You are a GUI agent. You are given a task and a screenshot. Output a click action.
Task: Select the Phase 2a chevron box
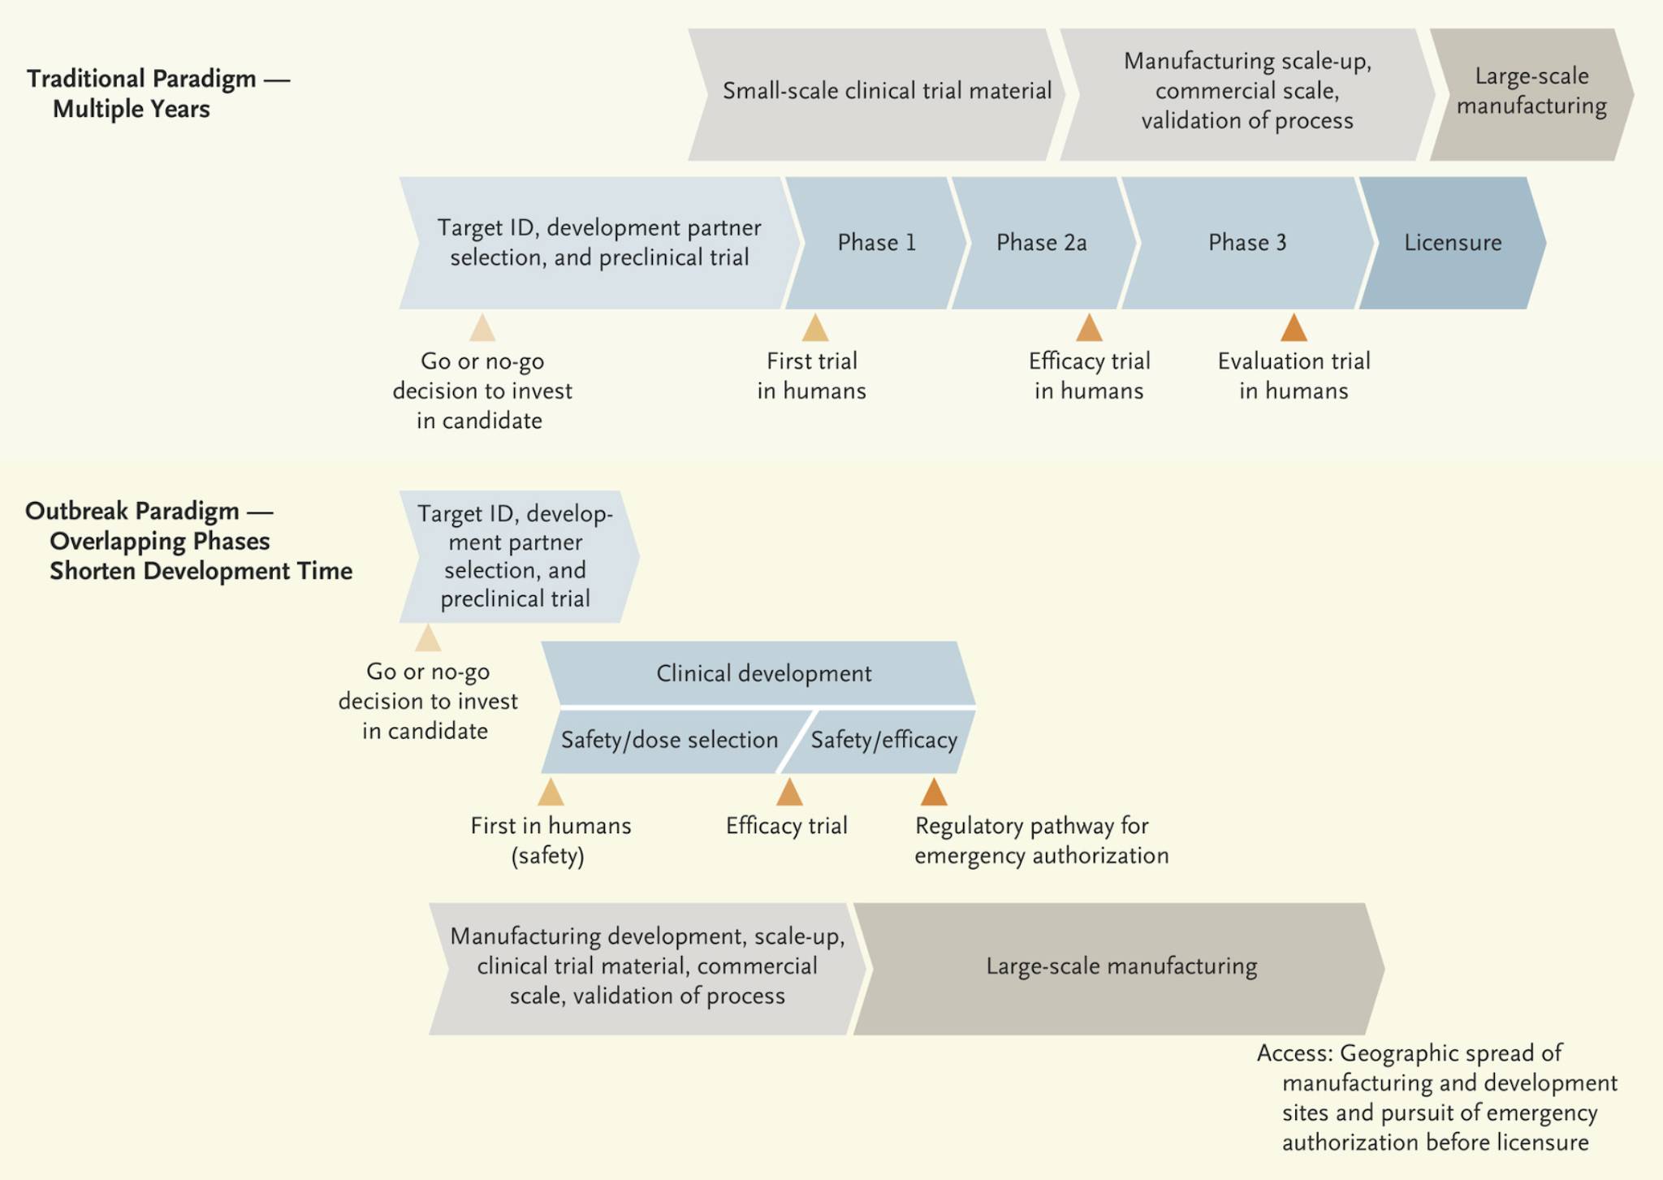[x=1044, y=243]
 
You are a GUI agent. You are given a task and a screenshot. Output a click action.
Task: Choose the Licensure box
[x=1453, y=243]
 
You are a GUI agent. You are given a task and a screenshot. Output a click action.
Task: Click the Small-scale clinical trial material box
[x=878, y=94]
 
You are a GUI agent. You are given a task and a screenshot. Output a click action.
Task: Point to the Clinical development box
[x=759, y=673]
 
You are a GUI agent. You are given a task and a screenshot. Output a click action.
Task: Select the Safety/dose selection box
[x=670, y=741]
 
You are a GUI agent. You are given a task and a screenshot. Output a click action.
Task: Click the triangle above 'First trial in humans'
[x=815, y=328]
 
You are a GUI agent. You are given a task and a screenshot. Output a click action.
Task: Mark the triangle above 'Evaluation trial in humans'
[x=1294, y=328]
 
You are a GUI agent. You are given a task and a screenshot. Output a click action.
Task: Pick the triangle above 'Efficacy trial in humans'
[x=1090, y=328]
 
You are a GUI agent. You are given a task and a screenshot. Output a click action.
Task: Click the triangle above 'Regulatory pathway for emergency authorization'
[x=934, y=792]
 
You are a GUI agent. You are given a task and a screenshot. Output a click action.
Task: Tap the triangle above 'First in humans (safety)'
[x=551, y=792]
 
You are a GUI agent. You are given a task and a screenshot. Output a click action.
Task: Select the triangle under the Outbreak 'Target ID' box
[x=428, y=638]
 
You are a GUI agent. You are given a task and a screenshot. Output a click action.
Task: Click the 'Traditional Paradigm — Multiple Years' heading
[x=158, y=93]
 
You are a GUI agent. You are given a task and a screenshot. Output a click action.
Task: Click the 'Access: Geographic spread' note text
[x=1437, y=1097]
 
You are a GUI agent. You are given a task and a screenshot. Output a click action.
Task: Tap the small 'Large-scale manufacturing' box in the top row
[x=1532, y=94]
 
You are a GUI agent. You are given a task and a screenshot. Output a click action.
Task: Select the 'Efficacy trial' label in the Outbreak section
[x=787, y=826]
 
